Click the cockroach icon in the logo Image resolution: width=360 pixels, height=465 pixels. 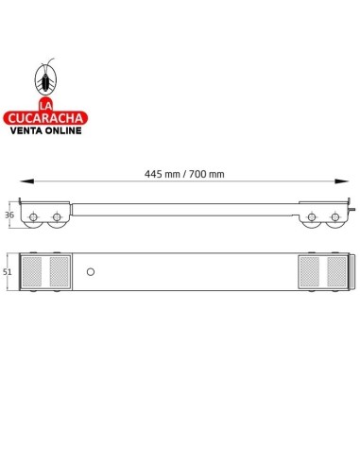point(45,77)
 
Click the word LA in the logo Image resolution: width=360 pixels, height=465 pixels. point(45,103)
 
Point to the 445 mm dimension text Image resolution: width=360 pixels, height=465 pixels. point(161,174)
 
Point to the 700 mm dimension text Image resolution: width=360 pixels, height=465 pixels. point(206,174)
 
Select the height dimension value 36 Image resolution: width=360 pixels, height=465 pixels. point(9,215)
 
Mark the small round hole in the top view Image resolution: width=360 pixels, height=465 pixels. point(90,271)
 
